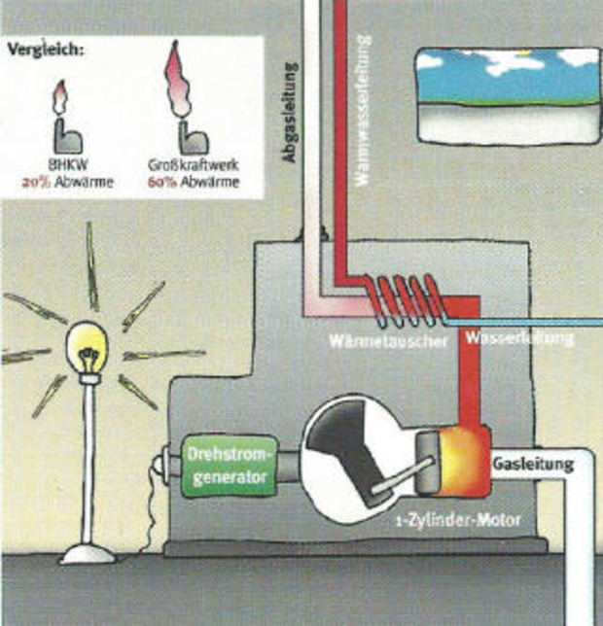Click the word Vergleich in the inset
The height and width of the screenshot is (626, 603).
click(x=44, y=48)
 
